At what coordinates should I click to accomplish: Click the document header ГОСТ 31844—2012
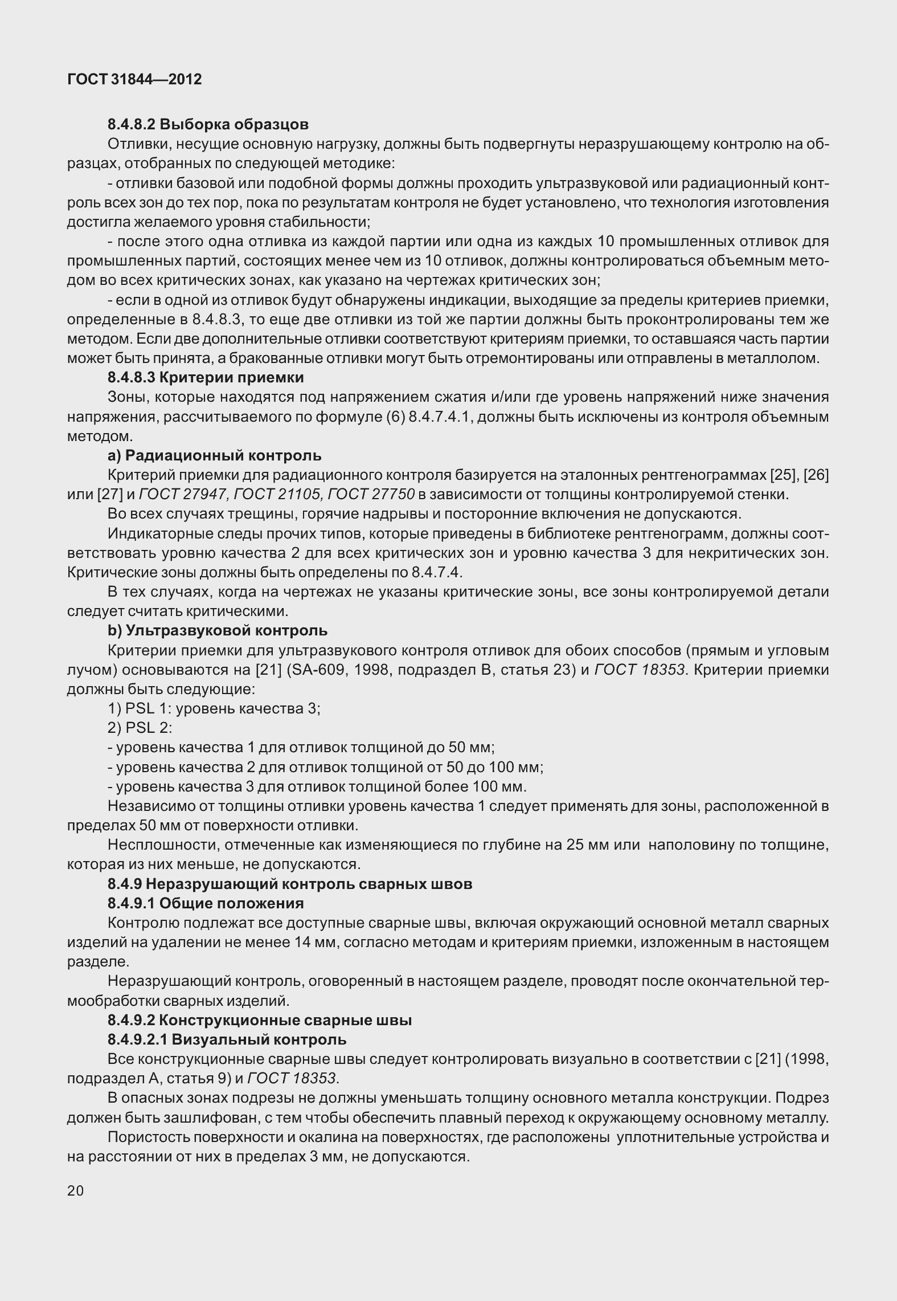pyautogui.click(x=134, y=80)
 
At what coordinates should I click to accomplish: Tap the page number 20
pyautogui.click(x=75, y=1190)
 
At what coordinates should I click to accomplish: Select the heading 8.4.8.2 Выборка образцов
pyautogui.click(x=208, y=124)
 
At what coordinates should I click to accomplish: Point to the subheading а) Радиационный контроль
pyautogui.click(x=215, y=455)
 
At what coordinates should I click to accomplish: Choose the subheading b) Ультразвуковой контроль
pyautogui.click(x=218, y=630)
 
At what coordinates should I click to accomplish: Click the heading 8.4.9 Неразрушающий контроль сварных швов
pyautogui.click(x=290, y=884)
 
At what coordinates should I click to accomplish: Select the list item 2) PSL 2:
pyautogui.click(x=140, y=728)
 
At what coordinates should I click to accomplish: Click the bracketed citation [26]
pyautogui.click(x=816, y=475)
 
